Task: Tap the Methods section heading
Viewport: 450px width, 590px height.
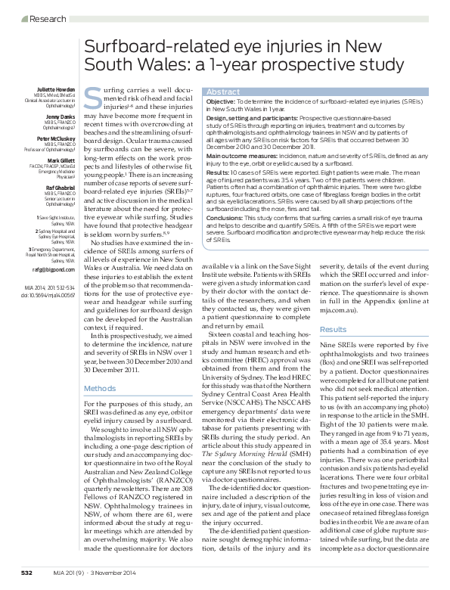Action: [96, 388]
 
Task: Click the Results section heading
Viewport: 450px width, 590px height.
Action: [333, 330]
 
